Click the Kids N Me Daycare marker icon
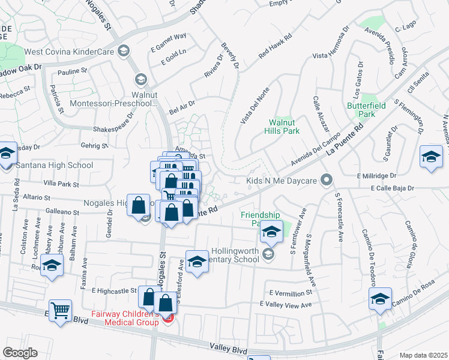(326, 180)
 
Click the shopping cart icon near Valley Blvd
(60, 311)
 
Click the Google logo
(20, 353)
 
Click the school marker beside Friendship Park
(271, 232)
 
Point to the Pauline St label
(73, 71)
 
